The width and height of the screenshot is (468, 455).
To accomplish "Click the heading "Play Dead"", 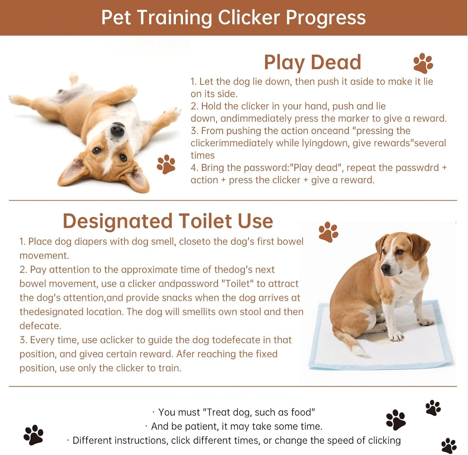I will (x=312, y=62).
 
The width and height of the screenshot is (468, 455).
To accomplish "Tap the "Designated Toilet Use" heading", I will (x=168, y=221).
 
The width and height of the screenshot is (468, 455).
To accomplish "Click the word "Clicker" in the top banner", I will (x=248, y=18).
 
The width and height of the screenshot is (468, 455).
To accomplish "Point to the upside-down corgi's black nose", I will (x=117, y=130).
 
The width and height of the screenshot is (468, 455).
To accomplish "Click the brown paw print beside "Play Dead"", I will (x=423, y=63).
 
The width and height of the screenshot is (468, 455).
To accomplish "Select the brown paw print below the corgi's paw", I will (x=166, y=164).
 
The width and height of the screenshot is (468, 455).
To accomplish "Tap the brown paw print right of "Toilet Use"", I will (x=328, y=232).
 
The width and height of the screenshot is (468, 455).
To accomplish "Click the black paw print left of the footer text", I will (x=33, y=435).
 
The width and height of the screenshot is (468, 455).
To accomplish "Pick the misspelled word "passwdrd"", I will (x=420, y=168).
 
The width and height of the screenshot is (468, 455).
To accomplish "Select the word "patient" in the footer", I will (x=202, y=426).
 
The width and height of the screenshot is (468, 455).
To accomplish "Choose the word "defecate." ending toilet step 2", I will (x=40, y=326).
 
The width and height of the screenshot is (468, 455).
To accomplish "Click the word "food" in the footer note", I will (x=302, y=412).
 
